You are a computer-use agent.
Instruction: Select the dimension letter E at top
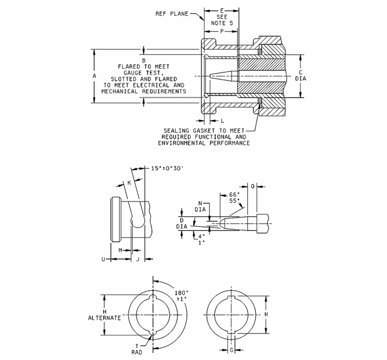(222, 9)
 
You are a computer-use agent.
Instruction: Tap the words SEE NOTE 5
(222, 20)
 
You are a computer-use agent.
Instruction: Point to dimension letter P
(222, 30)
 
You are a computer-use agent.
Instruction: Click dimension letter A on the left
(94, 76)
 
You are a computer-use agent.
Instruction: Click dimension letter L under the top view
(222, 120)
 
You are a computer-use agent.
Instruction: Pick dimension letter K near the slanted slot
(129, 183)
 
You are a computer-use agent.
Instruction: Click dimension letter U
(103, 259)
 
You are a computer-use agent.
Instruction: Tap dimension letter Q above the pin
(253, 186)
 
